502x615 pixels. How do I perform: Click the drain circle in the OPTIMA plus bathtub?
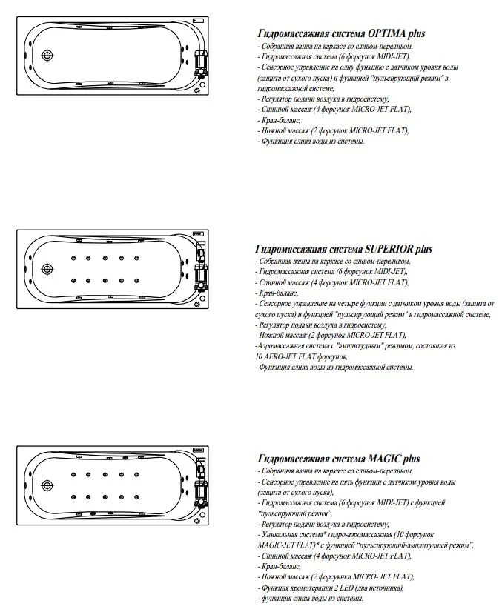48,56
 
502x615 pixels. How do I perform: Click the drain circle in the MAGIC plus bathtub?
48,486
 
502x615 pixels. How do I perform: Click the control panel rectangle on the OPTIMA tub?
197,19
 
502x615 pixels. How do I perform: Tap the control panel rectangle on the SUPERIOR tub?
197,233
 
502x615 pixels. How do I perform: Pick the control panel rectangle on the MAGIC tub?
197,451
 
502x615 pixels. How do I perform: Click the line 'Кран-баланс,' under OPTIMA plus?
280,119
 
